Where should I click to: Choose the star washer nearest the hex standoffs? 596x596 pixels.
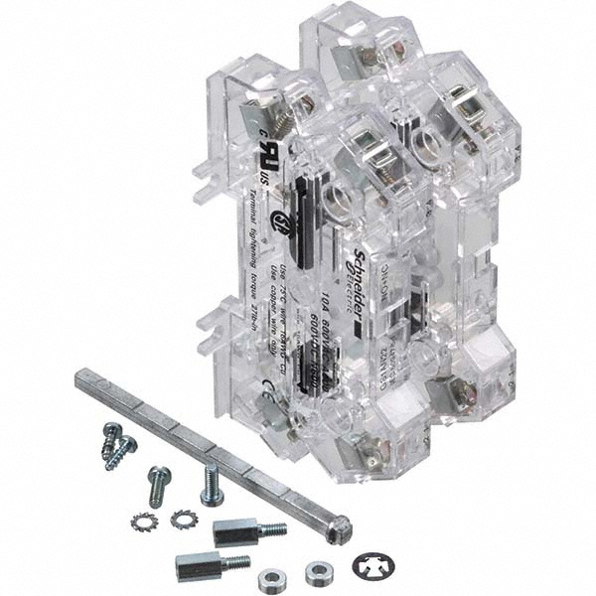click(x=182, y=518)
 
